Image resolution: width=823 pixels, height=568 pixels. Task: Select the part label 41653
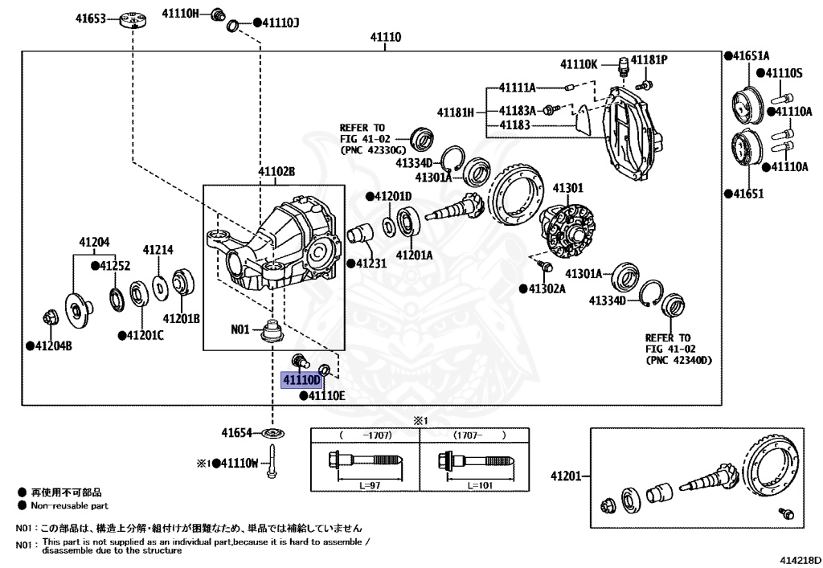91,17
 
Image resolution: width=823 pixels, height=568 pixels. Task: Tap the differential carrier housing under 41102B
281,245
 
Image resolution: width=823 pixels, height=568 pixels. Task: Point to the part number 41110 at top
386,38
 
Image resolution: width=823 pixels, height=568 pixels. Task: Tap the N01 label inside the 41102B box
241,329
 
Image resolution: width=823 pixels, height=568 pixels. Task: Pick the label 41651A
747,55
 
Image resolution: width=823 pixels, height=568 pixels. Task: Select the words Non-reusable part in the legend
69,506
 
